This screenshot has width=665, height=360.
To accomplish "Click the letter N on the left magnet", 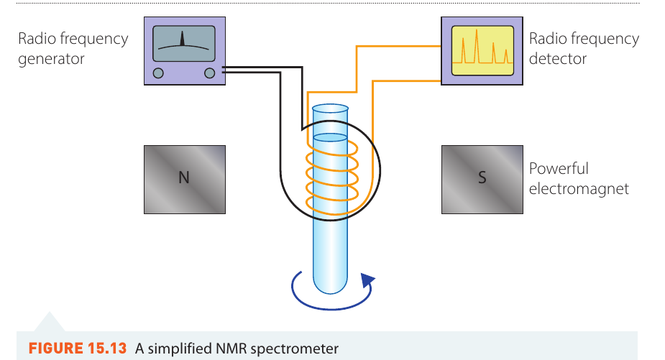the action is pyautogui.click(x=183, y=177).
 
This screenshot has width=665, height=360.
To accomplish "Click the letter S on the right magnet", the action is pyautogui.click(x=482, y=177).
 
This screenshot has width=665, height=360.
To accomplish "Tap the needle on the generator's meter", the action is pyautogui.click(x=183, y=38).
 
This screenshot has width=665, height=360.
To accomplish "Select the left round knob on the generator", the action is pyautogui.click(x=158, y=73).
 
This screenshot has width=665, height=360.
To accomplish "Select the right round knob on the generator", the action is pyautogui.click(x=209, y=73).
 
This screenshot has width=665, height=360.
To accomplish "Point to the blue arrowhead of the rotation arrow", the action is pyautogui.click(x=367, y=281).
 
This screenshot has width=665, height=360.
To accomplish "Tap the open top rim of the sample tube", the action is pyautogui.click(x=330, y=109).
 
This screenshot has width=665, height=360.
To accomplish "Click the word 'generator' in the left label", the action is pyautogui.click(x=51, y=59).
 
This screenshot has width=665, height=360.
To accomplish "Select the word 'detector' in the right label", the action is pyautogui.click(x=558, y=58).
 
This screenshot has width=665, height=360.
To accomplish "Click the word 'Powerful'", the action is pyautogui.click(x=559, y=168).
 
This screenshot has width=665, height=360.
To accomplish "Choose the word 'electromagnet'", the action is pyautogui.click(x=579, y=189).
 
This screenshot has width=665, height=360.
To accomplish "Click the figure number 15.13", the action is pyautogui.click(x=107, y=349).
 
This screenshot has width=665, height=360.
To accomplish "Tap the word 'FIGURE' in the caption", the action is pyautogui.click(x=56, y=349).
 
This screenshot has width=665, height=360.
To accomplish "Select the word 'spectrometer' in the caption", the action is pyautogui.click(x=294, y=349).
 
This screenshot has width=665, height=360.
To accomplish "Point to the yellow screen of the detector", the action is pyautogui.click(x=482, y=50).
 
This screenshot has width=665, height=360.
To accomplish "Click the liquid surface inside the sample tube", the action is pyautogui.click(x=330, y=137).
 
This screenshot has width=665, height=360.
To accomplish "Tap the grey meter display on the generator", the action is pyautogui.click(x=183, y=44).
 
